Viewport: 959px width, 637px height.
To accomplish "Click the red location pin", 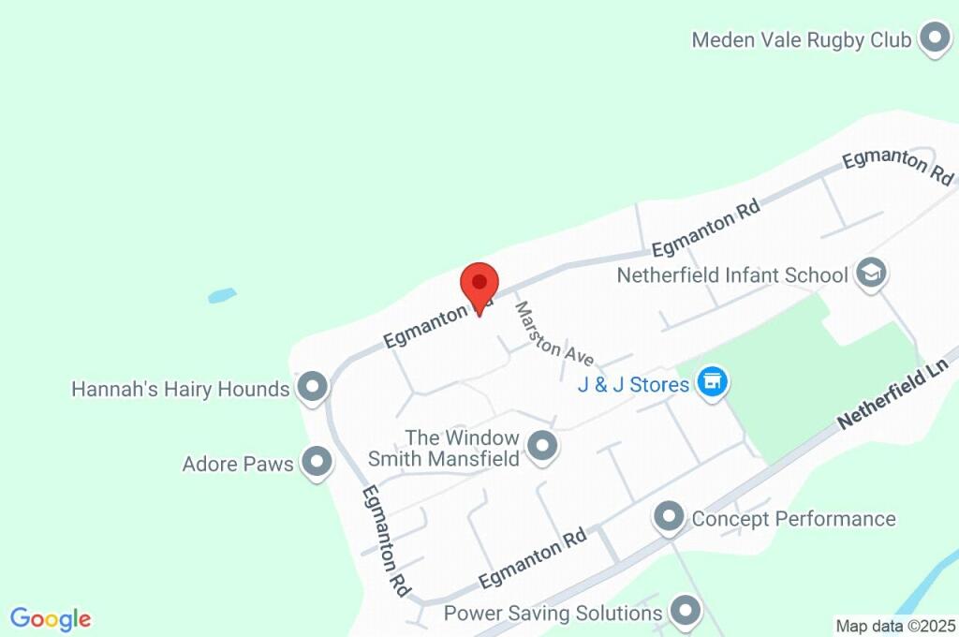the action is coord(479,284).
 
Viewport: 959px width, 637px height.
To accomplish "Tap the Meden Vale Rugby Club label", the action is coord(801,40).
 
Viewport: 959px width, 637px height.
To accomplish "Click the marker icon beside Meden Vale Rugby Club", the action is coord(933,39).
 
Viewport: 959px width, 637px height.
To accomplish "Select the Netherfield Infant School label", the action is coord(732,275).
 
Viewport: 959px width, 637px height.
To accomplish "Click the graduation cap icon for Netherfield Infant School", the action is coord(873,274).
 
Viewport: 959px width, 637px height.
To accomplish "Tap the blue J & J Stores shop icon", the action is coord(713,382).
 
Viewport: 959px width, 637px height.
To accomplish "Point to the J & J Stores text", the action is coord(634,384).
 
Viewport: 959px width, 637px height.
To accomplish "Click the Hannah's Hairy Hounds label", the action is coord(180,389).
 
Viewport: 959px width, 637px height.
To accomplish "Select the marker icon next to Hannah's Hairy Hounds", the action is coord(312,386).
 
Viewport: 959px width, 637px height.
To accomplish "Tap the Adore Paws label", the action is coord(238,464).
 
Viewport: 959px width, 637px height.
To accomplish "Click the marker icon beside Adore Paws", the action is coord(318,462).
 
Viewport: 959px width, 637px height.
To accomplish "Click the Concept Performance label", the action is coord(793,519).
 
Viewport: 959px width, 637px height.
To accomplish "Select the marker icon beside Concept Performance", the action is coord(669,516).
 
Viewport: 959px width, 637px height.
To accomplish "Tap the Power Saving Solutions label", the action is coord(553,614).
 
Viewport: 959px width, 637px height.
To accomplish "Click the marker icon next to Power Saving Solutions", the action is coord(686,612).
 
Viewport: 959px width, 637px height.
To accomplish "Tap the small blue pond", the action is coord(222,296).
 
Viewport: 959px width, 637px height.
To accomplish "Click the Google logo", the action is coord(51,619).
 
